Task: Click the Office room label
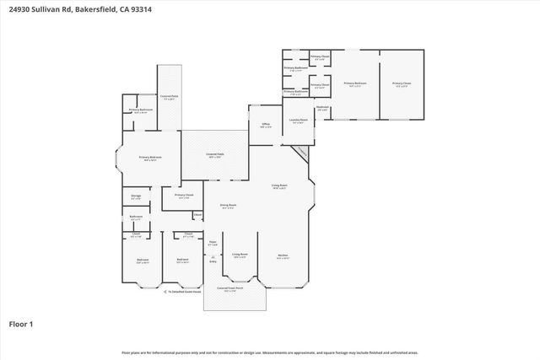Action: pyautogui.click(x=265, y=125)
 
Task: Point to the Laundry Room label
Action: pyautogui.click(x=298, y=120)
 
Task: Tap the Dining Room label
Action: pyautogui.click(x=228, y=206)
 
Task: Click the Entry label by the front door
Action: pyautogui.click(x=213, y=261)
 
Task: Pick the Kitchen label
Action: pyautogui.click(x=283, y=257)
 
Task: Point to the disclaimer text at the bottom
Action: pyautogui.click(x=269, y=352)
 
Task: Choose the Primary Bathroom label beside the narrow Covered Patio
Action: pyautogui.click(x=140, y=110)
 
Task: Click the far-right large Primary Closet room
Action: pyautogui.click(x=401, y=83)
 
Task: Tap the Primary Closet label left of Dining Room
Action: pyautogui.click(x=184, y=196)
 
